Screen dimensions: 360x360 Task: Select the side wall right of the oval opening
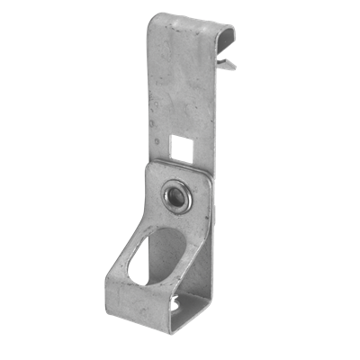click(x=200, y=261)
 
